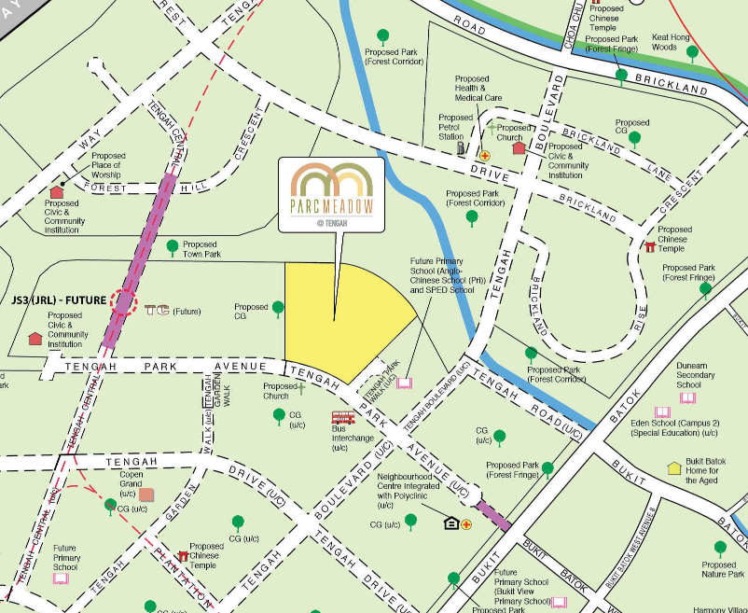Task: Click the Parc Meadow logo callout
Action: [x=331, y=194]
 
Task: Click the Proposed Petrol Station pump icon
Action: [x=460, y=148]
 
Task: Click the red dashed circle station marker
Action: [x=122, y=302]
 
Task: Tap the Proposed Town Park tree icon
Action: [x=172, y=247]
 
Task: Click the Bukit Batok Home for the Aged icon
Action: [x=674, y=468]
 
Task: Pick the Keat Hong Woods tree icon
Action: [x=692, y=53]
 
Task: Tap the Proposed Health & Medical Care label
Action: [x=478, y=89]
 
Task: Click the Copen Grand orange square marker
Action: [x=146, y=495]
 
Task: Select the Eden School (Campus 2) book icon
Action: [x=662, y=411]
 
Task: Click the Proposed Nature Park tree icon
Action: [x=720, y=549]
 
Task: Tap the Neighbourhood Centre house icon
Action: [x=451, y=523]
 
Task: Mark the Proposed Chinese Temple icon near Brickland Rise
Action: [x=650, y=247]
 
